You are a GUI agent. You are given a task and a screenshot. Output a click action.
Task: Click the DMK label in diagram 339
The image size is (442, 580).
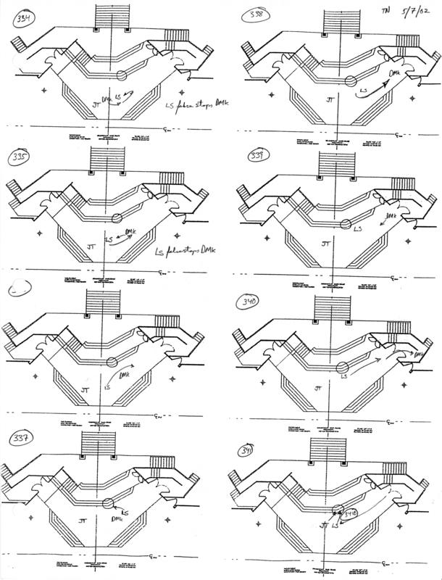(391, 216)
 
